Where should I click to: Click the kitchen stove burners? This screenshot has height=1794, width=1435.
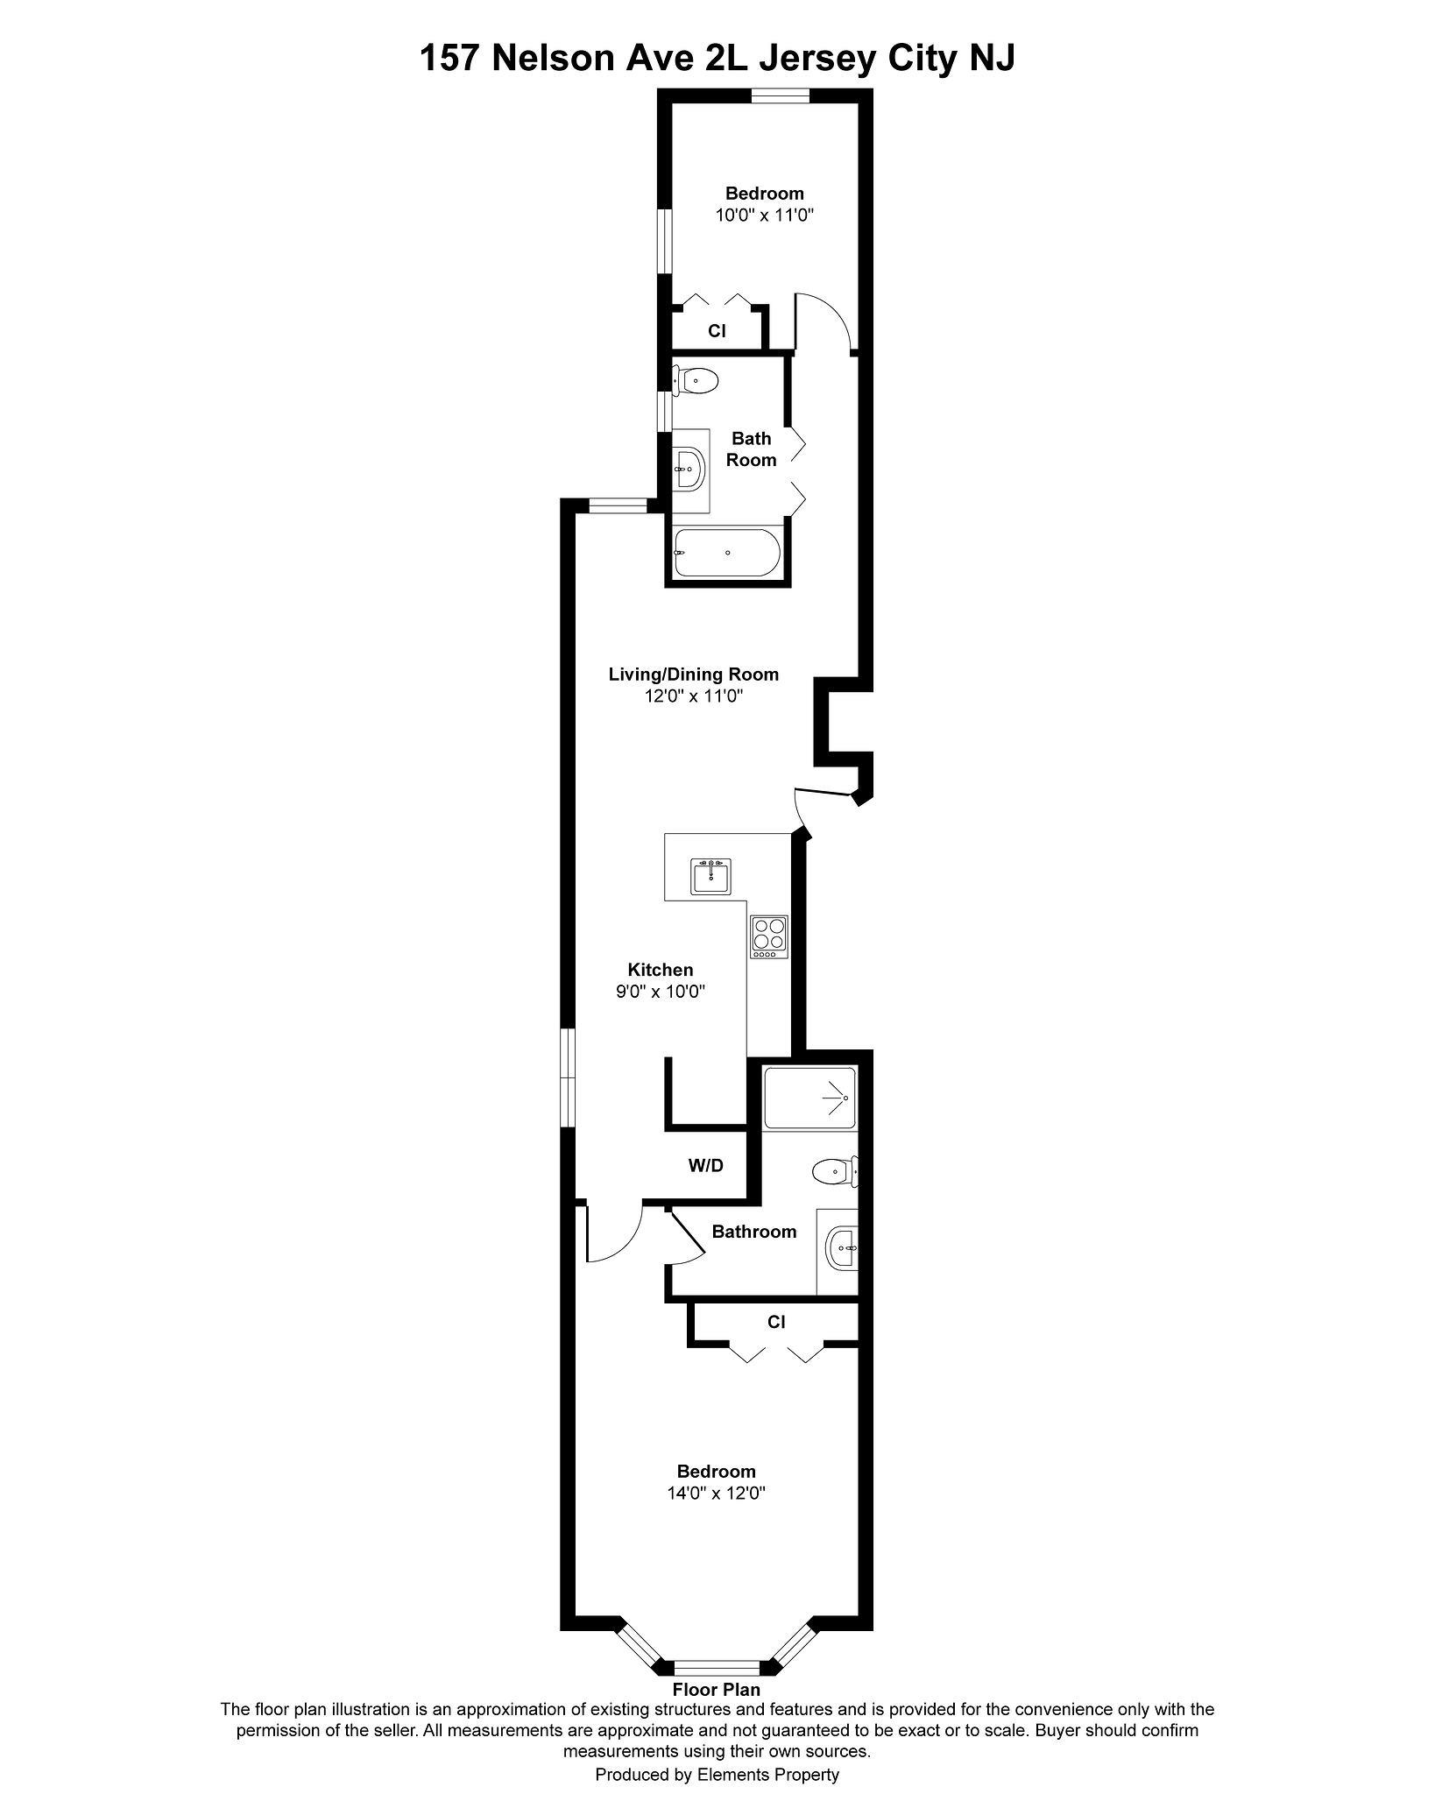point(769,934)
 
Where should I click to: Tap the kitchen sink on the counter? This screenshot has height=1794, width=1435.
point(710,876)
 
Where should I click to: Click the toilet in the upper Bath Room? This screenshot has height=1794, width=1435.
point(696,380)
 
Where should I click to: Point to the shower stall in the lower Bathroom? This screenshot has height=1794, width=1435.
point(809,1098)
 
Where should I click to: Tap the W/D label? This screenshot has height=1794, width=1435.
point(705,1166)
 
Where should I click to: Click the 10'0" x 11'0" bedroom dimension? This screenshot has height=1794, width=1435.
point(765,215)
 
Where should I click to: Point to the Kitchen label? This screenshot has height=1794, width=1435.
point(660,970)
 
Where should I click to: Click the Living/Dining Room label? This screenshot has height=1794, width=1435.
point(693,675)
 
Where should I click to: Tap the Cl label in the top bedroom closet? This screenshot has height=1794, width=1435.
point(717,332)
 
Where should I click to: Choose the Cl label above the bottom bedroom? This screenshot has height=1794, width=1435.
point(775,1322)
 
